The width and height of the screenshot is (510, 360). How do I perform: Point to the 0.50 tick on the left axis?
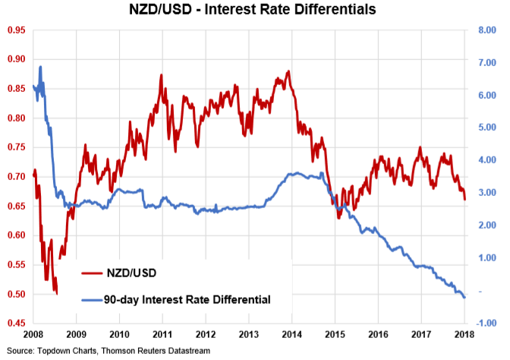[14, 294]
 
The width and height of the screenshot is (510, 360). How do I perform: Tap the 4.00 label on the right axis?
[486, 160]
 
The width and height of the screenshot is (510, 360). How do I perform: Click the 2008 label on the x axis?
[33, 335]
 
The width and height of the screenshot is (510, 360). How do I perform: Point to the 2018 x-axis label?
[465, 335]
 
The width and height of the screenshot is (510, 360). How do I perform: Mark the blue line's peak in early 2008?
[39, 67]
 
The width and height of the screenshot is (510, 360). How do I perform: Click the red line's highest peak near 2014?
[289, 71]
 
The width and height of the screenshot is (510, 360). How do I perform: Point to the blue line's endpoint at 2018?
[464, 297]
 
